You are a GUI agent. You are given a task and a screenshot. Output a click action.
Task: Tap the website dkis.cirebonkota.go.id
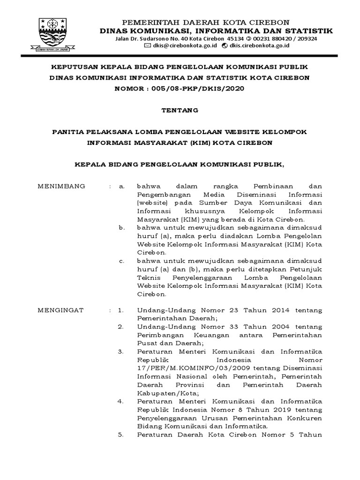(x=259, y=45)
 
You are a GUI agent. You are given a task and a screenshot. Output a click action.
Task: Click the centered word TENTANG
(x=180, y=111)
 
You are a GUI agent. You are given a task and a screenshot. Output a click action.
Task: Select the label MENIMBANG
(x=61, y=186)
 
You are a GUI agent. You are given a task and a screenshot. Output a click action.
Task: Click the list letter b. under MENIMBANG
(x=121, y=227)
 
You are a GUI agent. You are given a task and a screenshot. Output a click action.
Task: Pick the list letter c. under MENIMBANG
(x=121, y=261)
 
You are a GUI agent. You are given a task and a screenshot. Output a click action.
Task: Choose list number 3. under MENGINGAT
(x=120, y=351)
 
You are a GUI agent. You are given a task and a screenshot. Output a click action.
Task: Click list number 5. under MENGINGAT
(x=120, y=434)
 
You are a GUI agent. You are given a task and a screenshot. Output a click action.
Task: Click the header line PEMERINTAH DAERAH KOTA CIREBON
(x=206, y=22)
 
